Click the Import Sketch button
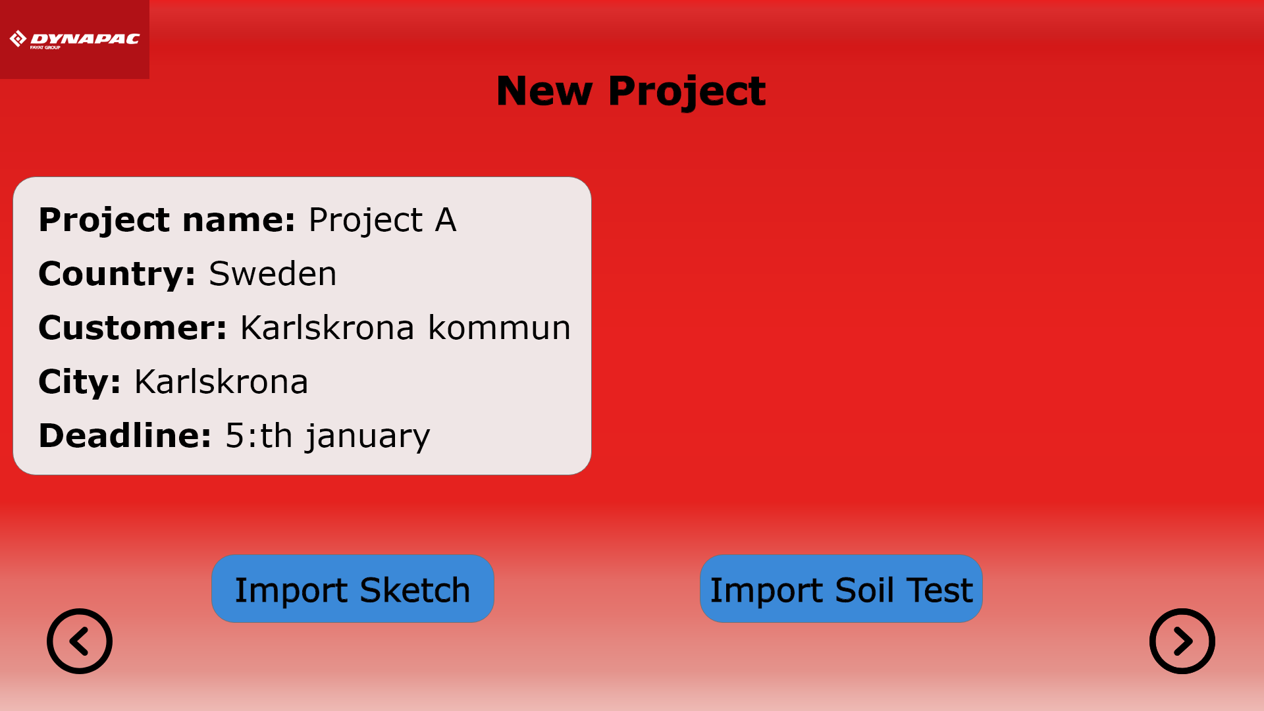point(352,589)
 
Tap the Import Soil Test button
point(841,589)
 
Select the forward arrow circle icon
point(1182,641)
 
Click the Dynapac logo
point(74,39)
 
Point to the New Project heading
point(631,92)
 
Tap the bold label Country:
point(117,275)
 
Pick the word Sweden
point(273,273)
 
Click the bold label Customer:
point(133,327)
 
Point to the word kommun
point(500,327)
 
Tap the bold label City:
point(80,382)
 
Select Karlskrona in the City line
point(221,381)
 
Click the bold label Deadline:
point(125,435)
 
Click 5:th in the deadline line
point(259,435)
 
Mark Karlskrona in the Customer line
point(327,327)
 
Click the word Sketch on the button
point(415,589)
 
